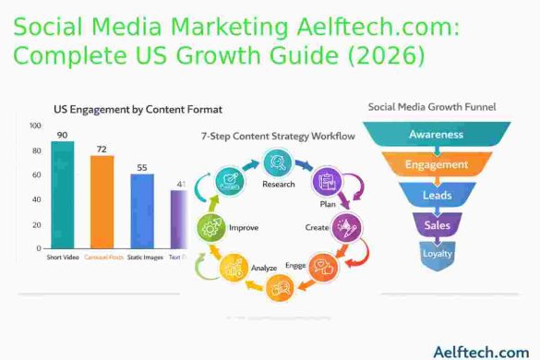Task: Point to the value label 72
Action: pyautogui.click(x=102, y=148)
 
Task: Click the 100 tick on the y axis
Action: pyautogui.click(x=35, y=126)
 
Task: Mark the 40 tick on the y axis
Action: pyautogui.click(x=35, y=199)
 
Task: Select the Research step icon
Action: pyautogui.click(x=276, y=163)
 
